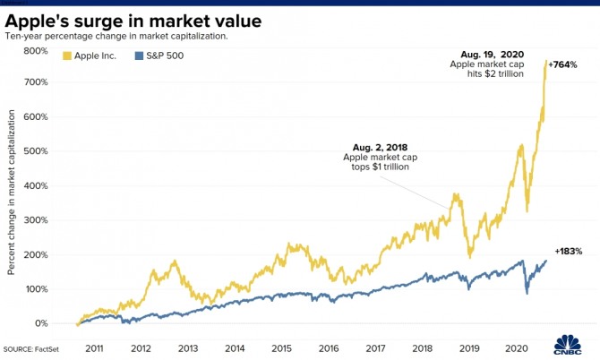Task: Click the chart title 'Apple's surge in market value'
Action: tap(133, 20)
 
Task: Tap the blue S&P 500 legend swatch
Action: tap(138, 56)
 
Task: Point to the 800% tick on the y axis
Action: tap(36, 51)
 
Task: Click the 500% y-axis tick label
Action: tap(36, 151)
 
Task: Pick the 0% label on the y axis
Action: tap(40, 323)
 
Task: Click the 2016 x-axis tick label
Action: tap(329, 348)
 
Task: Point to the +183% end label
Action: tap(569, 252)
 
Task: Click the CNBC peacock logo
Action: tap(568, 346)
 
